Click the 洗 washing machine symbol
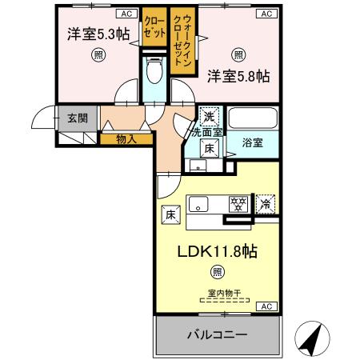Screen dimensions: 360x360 209,117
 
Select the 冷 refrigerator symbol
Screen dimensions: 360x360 265,204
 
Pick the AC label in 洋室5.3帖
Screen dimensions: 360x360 126,14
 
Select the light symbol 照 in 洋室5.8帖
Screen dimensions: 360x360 238,54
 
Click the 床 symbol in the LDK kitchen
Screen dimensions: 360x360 170,214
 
